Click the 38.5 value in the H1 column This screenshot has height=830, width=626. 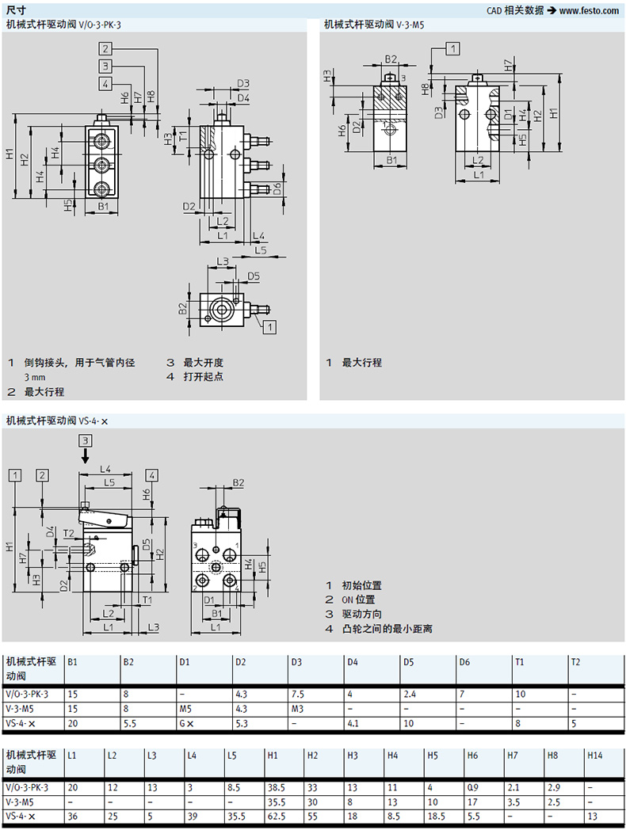pos(277,787)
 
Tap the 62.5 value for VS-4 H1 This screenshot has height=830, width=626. pos(277,816)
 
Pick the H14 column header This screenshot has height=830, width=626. pos(594,756)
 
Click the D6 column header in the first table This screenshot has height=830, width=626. pos(464,662)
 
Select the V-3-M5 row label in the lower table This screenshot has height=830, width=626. pos(21,801)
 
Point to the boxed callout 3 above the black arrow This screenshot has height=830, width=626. pos(86,440)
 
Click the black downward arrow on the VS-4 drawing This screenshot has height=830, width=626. pos(86,457)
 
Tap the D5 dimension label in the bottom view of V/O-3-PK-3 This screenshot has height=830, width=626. pos(253,276)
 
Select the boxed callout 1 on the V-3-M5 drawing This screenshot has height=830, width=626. pos(452,49)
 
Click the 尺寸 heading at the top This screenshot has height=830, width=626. pos(16,10)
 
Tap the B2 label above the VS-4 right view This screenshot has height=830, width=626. pos(239,482)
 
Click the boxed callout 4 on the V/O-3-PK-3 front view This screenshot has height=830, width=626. pos(105,83)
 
